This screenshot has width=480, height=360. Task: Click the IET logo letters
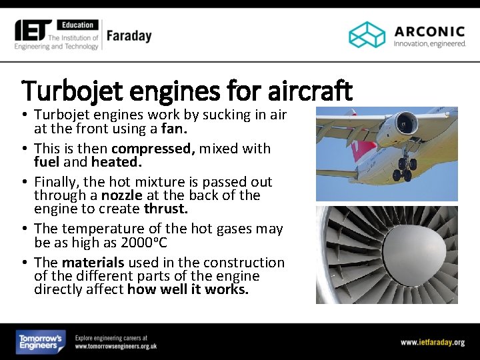[x=33, y=30]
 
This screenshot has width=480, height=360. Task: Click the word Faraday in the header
[x=129, y=35]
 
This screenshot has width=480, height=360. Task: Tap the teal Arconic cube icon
[x=367, y=35]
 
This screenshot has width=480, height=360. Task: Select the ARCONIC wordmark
[x=429, y=31]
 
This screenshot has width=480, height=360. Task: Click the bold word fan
[x=173, y=129]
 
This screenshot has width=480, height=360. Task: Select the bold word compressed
[x=153, y=148]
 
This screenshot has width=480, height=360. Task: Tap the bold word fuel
[x=47, y=162]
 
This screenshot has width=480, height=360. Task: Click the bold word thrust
[x=166, y=209]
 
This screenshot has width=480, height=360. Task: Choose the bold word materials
[x=93, y=262]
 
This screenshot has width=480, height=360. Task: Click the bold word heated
[x=117, y=162]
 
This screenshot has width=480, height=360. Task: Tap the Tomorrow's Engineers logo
[x=40, y=342]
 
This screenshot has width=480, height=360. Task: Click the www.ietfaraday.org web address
[x=433, y=342]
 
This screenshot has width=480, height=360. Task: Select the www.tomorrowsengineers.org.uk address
[x=115, y=346]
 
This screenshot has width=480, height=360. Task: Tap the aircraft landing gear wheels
[x=404, y=172]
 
